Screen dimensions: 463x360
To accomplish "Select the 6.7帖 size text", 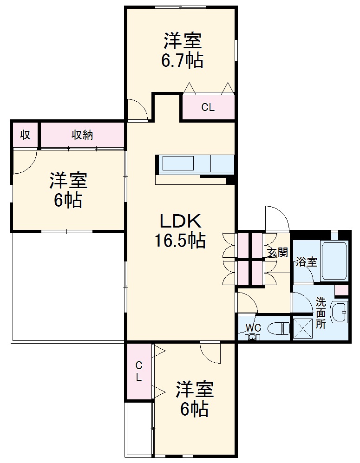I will (x=182, y=61).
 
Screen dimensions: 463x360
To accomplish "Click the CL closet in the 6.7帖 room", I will (x=208, y=108).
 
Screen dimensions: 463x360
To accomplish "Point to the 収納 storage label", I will (x=82, y=135).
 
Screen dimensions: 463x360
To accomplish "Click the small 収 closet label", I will (x=25, y=135).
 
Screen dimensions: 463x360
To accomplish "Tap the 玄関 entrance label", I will (x=277, y=253).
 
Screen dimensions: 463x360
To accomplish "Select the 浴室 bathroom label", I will (x=306, y=262).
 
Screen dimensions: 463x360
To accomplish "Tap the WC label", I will (x=253, y=328).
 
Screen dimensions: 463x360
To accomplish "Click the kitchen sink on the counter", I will (x=177, y=164).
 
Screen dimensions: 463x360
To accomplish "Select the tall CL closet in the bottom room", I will (x=138, y=371).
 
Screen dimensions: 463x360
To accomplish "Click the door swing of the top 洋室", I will (x=137, y=110).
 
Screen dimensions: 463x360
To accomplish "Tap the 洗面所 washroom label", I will (x=321, y=313).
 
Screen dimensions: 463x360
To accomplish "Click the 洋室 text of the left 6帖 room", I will (x=69, y=181).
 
